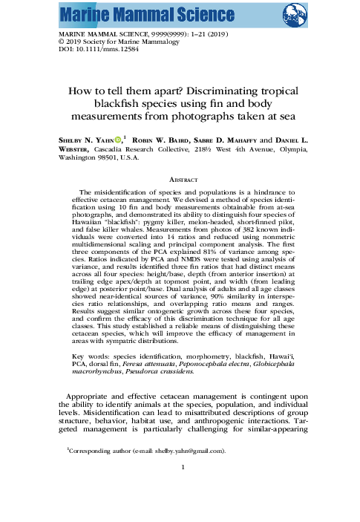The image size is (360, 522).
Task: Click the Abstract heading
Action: [x=180, y=178]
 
